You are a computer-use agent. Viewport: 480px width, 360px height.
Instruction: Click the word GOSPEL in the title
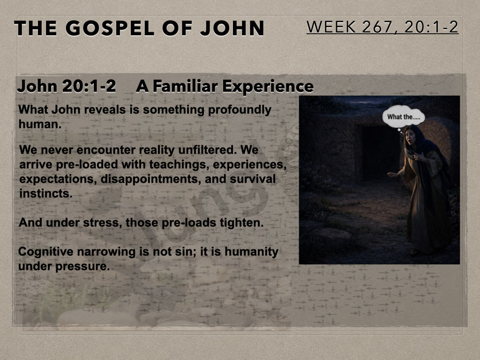[x=110, y=28]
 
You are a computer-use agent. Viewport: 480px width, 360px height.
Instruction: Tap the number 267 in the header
[x=377, y=27]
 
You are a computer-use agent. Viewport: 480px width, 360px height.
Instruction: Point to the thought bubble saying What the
[x=404, y=117]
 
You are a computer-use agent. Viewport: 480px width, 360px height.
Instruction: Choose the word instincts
[x=46, y=194]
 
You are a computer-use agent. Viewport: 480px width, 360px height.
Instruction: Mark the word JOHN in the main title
[x=232, y=28]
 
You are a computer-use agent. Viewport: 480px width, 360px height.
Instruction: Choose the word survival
[x=253, y=179]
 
